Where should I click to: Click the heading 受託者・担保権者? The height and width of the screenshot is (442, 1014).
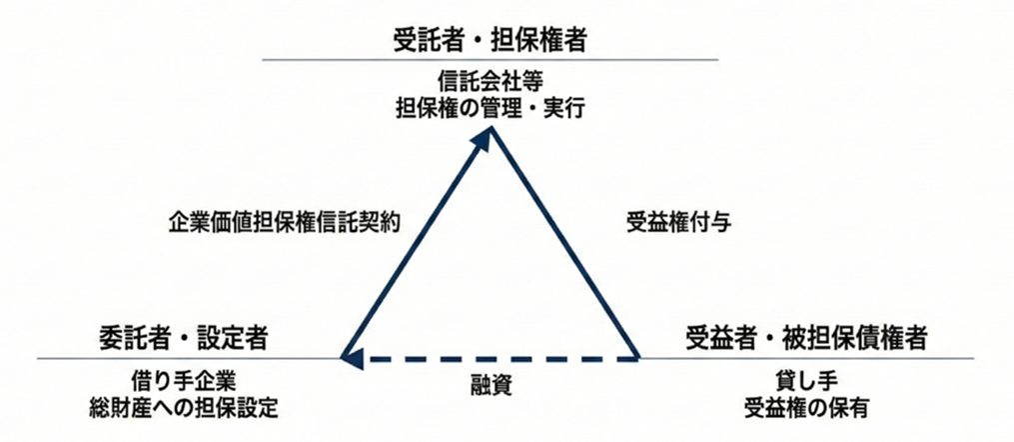click(x=490, y=40)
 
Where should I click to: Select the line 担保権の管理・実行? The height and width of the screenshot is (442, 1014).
click(x=490, y=108)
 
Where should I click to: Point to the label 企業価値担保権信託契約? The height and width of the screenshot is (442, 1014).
click(x=284, y=222)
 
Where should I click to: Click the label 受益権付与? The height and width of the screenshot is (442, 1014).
click(x=678, y=222)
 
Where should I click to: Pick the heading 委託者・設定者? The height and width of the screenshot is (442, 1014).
click(x=184, y=337)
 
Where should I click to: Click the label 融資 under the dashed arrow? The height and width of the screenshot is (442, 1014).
click(x=491, y=386)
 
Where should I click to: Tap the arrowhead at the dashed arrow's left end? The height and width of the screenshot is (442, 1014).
click(x=352, y=358)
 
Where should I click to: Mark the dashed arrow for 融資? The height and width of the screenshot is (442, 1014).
click(x=490, y=358)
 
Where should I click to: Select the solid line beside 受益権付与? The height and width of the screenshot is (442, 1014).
click(x=565, y=242)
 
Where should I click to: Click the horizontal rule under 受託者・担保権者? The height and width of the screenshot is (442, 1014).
click(x=490, y=60)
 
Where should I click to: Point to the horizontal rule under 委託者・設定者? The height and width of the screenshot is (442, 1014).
click(x=189, y=358)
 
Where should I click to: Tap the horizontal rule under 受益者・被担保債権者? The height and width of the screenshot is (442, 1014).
click(x=806, y=358)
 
